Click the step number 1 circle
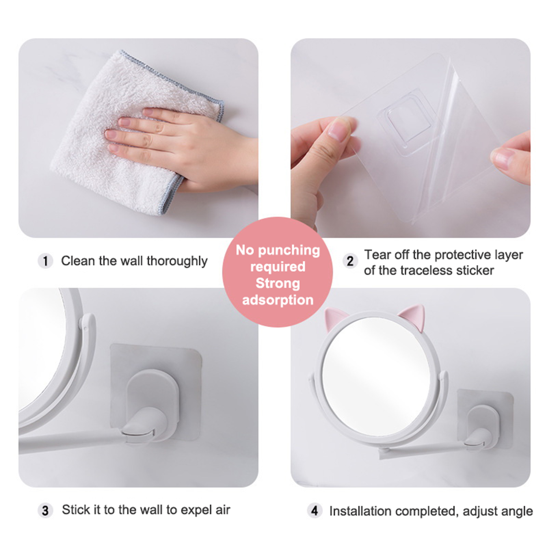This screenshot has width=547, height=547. pos(45,261)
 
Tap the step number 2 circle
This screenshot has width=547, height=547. pos(350,261)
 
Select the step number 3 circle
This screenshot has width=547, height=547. pos(45,511)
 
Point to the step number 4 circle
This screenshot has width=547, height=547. pos(315,511)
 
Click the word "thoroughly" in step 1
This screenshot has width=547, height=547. pos(177,261)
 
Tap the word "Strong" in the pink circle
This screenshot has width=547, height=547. pos(278,283)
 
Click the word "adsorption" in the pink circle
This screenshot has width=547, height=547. pos(278,300)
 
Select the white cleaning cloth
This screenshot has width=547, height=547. pos(137,133)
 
